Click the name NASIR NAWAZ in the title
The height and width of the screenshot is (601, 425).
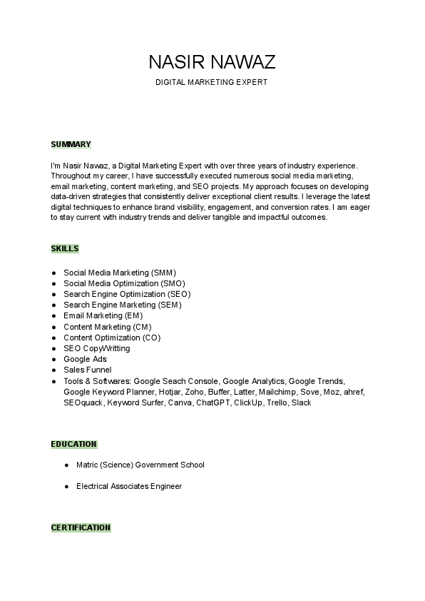pyautogui.click(x=212, y=61)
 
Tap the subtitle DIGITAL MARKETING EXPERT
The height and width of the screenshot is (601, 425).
pyautogui.click(x=212, y=83)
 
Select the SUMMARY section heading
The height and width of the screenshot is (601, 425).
pyautogui.click(x=71, y=144)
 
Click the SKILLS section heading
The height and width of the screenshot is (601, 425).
pyautogui.click(x=65, y=248)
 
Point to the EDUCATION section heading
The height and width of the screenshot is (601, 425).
pyautogui.click(x=73, y=444)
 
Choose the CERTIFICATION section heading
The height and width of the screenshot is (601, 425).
pyautogui.click(x=81, y=527)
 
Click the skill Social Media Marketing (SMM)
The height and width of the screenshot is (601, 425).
pyautogui.click(x=120, y=272)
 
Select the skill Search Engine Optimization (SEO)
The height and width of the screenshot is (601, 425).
pyautogui.click(x=127, y=294)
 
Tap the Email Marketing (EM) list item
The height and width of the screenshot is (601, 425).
pyautogui.click(x=103, y=315)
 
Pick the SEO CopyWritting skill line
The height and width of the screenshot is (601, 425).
pyautogui.click(x=97, y=348)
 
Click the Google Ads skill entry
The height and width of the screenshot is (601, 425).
pyautogui.click(x=85, y=359)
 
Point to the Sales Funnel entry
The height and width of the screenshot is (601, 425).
pyautogui.click(x=88, y=370)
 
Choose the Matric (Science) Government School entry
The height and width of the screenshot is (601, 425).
pyautogui.click(x=140, y=465)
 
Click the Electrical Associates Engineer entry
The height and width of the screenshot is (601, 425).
pyautogui.click(x=128, y=486)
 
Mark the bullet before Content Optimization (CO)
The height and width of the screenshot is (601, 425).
pyautogui.click(x=54, y=338)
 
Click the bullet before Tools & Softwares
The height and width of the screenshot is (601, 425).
pyautogui.click(x=54, y=381)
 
